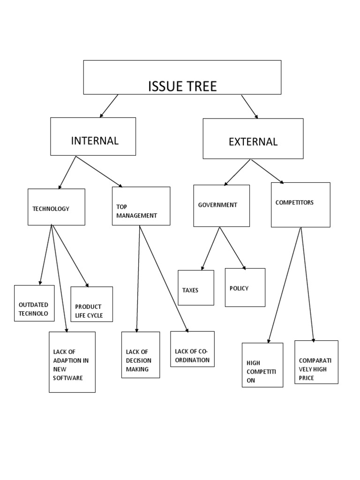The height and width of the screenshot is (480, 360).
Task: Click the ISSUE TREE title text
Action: pyautogui.click(x=182, y=86)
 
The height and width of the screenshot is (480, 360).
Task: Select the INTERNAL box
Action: pyautogui.click(x=93, y=136)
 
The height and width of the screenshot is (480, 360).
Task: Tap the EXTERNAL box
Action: pyautogui.click(x=253, y=139)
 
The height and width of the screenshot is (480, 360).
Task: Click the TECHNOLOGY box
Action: pyautogui.click(x=56, y=207)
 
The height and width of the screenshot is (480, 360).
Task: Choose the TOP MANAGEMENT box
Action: pyautogui.click(x=141, y=206)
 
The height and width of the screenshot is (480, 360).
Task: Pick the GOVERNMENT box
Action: pyautogui.click(x=221, y=206)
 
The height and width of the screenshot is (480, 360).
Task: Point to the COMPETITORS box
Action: pyautogui.click(x=300, y=205)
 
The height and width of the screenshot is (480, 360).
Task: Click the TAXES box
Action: pyautogui.click(x=195, y=288)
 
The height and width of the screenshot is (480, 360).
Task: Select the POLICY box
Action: pyautogui.click(x=245, y=287)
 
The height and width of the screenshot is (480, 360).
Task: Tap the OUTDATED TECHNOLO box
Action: pyautogui.click(x=34, y=303)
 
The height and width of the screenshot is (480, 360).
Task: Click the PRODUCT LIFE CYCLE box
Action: pyautogui.click(x=91, y=304)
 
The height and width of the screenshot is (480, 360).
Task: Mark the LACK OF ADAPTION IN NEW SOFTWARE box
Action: pyautogui.click(x=72, y=362)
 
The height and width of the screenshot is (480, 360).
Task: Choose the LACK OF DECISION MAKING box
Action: pyautogui.click(x=140, y=355)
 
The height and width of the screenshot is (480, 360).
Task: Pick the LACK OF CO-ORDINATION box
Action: pyautogui.click(x=192, y=349)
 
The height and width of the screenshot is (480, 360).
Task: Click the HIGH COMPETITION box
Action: pyautogui.click(x=262, y=365)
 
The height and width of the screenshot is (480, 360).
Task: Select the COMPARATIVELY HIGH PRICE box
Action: pyautogui.click(x=316, y=362)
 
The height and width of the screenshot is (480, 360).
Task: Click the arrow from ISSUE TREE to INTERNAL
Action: pyautogui.click(x=109, y=106)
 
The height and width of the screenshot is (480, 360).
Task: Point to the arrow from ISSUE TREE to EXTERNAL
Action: pyautogui.click(x=250, y=106)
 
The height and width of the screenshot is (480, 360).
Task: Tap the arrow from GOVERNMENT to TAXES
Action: pyautogui.click(x=210, y=248)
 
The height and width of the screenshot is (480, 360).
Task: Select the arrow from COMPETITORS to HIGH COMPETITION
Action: pyautogui.click(x=285, y=286)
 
